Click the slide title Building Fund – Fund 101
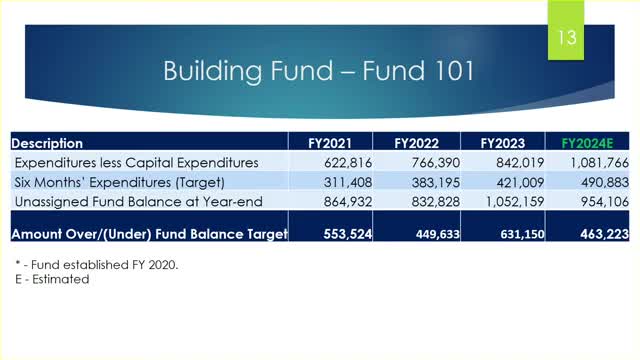coord(319,72)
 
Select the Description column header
coord(48,143)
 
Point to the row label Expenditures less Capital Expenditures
coord(136,162)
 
